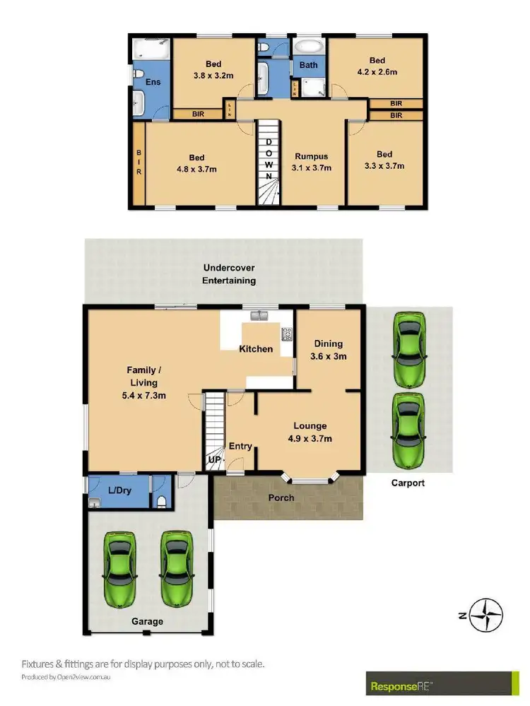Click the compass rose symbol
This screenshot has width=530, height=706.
(487, 614)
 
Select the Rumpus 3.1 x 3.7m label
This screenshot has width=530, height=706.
(312, 162)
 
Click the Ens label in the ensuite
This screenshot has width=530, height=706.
(153, 82)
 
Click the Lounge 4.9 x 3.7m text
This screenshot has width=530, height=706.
(310, 432)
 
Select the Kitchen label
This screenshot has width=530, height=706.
(256, 348)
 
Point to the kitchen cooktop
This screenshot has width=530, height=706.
(288, 333)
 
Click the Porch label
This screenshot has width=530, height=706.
(282, 498)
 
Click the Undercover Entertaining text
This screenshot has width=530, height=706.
(229, 274)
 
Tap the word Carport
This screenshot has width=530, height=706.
(408, 483)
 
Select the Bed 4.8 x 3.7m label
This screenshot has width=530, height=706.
(196, 163)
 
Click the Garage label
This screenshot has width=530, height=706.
(148, 621)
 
